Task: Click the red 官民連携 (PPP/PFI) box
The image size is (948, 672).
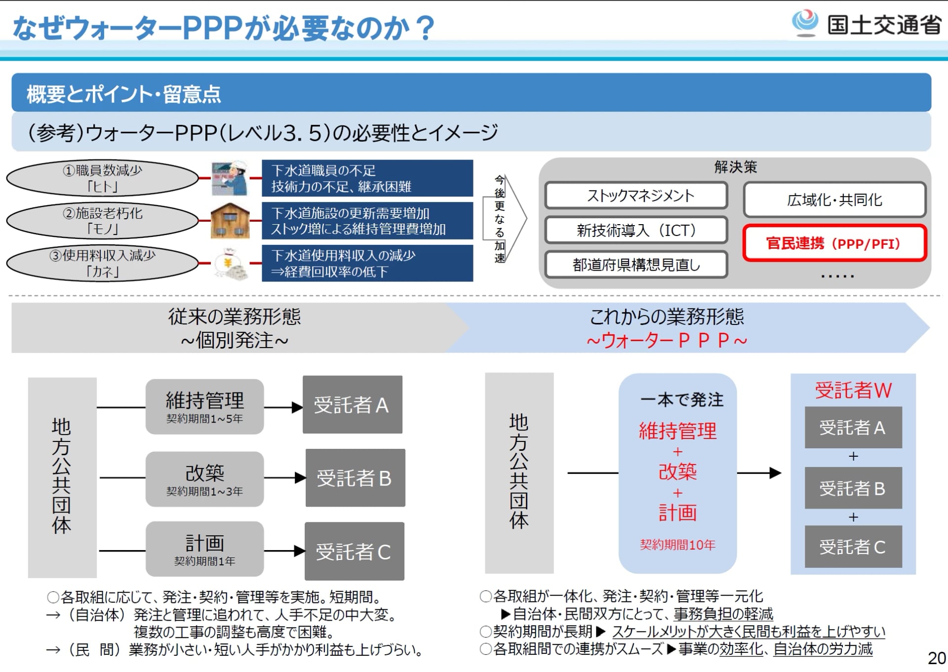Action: [x=834, y=243]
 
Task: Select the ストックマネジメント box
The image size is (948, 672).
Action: [x=636, y=196]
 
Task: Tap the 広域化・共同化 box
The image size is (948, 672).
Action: [x=834, y=199]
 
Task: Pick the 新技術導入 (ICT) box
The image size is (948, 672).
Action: [x=636, y=230]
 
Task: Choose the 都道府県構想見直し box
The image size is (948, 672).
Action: [x=636, y=265]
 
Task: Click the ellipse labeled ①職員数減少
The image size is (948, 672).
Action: [x=102, y=178]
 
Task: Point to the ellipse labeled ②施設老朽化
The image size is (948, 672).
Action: [x=102, y=221]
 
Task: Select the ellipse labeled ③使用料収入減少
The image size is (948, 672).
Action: [x=102, y=263]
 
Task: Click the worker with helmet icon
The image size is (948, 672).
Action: [x=230, y=178]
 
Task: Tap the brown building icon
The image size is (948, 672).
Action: [x=230, y=221]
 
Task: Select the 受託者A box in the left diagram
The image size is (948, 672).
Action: [x=352, y=405]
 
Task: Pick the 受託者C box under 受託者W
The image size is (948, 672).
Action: [x=853, y=547]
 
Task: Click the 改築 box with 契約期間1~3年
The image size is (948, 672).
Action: [x=204, y=478]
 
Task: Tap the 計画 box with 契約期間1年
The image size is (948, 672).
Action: [x=204, y=549]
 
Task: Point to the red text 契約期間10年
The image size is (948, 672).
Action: [x=677, y=545]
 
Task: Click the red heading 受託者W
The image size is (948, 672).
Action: [x=853, y=390]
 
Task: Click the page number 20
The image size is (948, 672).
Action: [x=936, y=658]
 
